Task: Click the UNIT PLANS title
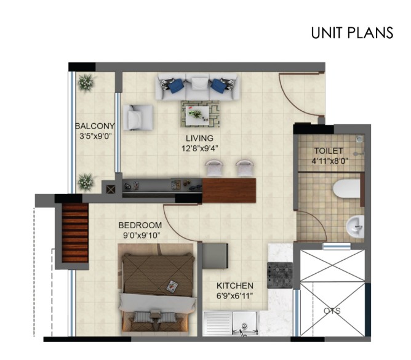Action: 352,33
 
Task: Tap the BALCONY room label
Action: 95,126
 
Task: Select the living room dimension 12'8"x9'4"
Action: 200,149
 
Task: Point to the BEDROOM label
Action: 140,225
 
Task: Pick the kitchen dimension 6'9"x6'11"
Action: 234,296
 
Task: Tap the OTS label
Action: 332,311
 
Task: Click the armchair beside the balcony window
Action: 138,118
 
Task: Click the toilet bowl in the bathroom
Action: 346,188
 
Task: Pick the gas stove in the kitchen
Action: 280,275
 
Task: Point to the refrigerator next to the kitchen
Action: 215,256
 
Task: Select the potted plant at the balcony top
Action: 86,82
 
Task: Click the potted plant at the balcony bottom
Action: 86,182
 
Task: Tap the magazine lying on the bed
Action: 172,286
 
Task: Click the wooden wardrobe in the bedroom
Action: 75,233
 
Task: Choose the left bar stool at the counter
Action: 214,168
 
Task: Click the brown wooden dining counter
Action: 229,191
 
